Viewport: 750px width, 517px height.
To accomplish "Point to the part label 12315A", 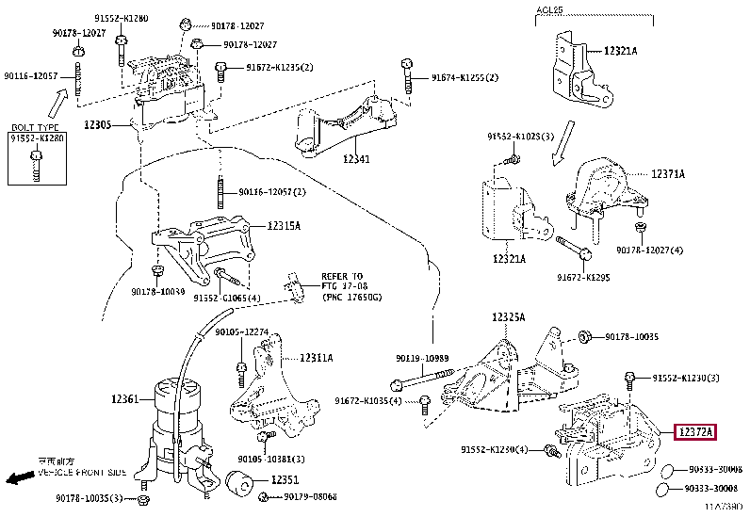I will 283,226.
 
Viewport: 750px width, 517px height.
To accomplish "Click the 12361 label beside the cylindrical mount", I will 125,400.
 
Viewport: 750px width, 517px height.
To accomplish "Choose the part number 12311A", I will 316,358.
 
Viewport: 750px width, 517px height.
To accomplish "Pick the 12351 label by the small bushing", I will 285,480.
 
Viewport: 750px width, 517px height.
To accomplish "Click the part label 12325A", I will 508,317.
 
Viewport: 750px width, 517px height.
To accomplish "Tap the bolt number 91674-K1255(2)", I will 465,77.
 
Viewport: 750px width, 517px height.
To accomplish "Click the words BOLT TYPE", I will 35,126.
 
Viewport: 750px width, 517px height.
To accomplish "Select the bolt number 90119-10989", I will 423,358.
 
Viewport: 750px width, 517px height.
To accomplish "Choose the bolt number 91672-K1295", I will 584,278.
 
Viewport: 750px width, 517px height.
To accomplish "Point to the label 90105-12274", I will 242,332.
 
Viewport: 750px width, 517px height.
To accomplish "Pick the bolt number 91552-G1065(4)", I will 227,298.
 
